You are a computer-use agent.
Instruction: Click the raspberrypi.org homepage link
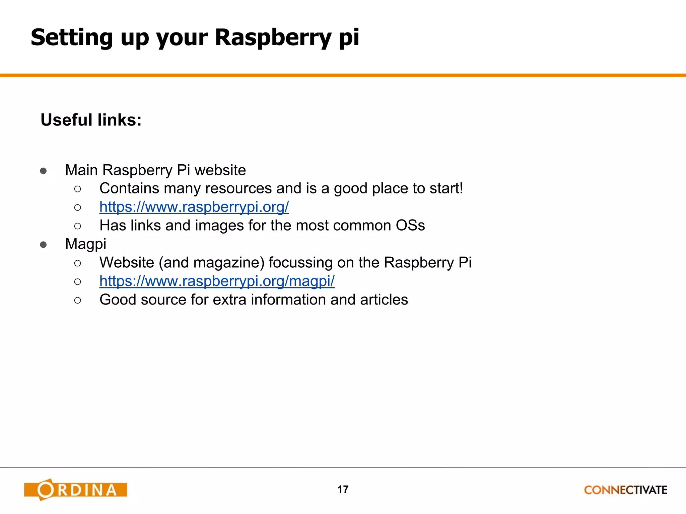coord(194,207)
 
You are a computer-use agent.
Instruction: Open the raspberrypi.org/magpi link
coord(217,281)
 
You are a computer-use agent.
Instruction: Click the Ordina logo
coord(76,490)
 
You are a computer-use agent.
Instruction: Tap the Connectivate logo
coord(625,490)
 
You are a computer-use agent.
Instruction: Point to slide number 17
coord(343,489)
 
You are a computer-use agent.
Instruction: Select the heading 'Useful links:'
coord(91,120)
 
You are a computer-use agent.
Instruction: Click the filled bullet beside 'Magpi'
coord(43,245)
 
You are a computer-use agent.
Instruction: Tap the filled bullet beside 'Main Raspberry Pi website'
coord(43,171)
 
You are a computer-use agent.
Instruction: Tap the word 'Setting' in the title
coord(72,37)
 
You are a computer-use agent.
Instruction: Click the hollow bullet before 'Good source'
coord(78,300)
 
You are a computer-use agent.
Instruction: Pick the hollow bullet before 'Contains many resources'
coord(78,189)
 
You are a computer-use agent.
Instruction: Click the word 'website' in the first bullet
coord(220,170)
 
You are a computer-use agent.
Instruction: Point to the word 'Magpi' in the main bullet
coord(85,244)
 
